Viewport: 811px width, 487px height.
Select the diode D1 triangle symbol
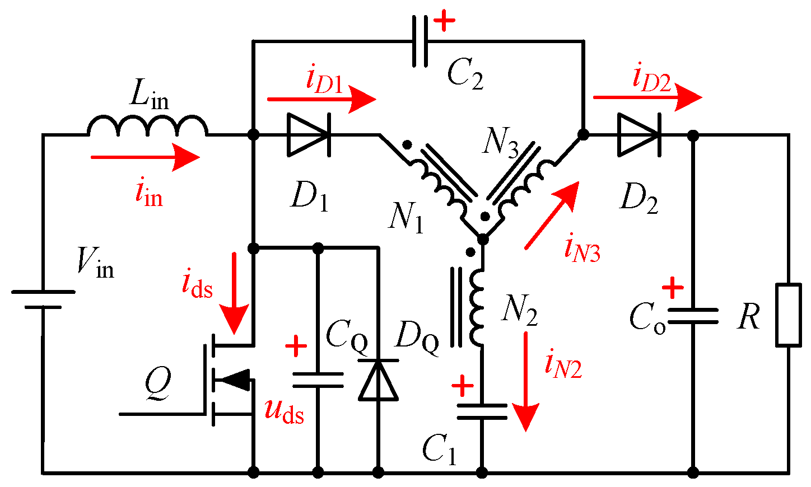point(307,135)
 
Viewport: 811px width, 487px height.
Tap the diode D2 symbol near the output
point(638,135)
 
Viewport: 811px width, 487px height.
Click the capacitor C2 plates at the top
point(420,41)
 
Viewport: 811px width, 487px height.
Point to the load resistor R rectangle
point(788,315)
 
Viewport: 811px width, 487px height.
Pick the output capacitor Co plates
point(693,316)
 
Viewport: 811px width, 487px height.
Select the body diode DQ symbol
point(378,380)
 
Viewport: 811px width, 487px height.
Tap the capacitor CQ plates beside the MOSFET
point(318,380)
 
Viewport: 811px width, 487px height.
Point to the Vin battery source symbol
point(43,299)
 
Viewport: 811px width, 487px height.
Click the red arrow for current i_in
point(145,157)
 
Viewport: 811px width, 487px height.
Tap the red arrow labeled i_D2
point(647,97)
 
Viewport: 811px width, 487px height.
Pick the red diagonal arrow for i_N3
point(551,215)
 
